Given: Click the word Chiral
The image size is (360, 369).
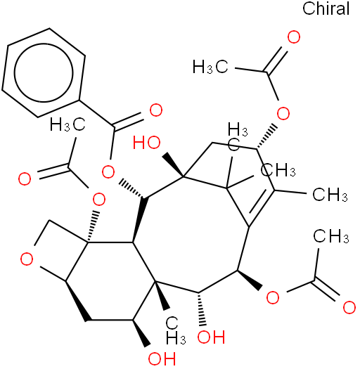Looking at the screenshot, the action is pos(326,8).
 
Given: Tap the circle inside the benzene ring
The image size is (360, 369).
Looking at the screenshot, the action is pos(44,72).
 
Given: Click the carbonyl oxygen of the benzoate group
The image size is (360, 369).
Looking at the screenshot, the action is pos(156,110).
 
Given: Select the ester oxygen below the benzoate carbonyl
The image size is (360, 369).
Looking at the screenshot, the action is pos(108,173).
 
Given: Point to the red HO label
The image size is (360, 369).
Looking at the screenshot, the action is pos(147,143).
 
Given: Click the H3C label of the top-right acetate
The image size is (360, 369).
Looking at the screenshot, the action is pos(210,67).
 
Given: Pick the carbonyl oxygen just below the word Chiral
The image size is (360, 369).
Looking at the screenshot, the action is pos(294,37).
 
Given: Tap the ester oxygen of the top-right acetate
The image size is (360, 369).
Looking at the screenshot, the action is pos(283,114).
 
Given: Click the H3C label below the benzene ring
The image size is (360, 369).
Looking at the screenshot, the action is pos(67,124).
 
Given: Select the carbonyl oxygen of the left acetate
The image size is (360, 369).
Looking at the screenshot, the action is pos(25,179).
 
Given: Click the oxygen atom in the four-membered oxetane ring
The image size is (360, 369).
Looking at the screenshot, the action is pos(27,259).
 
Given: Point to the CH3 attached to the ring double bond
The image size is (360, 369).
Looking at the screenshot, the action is pos(330,195).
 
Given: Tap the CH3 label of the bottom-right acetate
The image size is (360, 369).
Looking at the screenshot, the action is pos(331,236).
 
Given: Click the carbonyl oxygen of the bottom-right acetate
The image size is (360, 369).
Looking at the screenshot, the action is pos(349,307).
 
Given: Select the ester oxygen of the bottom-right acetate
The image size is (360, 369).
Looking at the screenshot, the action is pos(273,297).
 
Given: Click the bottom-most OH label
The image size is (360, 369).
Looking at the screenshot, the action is pos(162,358).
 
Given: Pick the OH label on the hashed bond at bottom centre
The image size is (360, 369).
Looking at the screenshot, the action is pos(211,337).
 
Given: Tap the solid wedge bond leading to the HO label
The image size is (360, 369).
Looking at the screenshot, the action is pos(174,164).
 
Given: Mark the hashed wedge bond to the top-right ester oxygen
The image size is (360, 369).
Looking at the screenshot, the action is pos(266,137).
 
